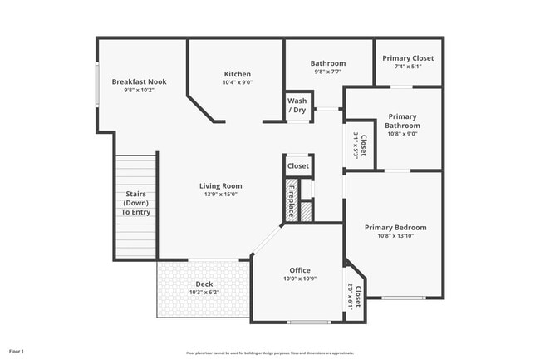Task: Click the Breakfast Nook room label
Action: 133,81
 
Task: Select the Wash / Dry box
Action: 297,106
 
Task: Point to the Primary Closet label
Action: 408,58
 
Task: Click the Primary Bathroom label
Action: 402,121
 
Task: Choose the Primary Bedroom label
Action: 395,228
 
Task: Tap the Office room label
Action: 299,270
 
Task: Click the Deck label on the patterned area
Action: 204,284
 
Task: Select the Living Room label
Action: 220,185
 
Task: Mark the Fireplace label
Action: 292,200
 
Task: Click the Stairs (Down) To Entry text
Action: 135,203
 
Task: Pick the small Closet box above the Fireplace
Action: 297,166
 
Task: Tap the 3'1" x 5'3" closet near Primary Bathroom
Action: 359,145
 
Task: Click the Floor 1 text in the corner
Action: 17,352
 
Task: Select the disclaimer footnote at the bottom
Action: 269,353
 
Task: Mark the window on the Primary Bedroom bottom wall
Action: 404,298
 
